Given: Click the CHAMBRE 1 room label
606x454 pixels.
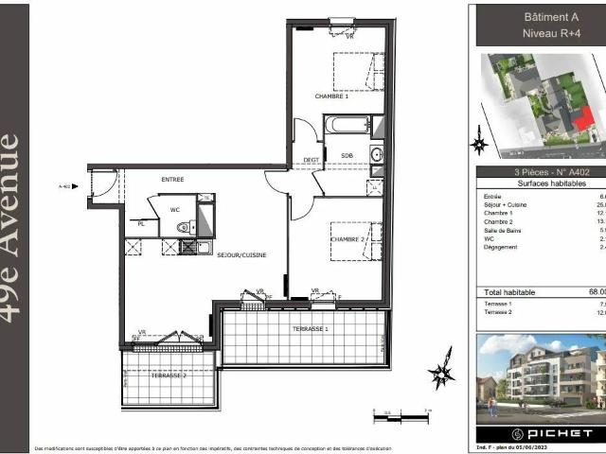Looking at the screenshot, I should click(332, 96).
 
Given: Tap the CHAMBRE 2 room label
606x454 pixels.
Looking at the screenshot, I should click(348, 239).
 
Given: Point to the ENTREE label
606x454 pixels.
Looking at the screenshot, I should click(172, 179).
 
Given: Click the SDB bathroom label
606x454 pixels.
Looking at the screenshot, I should click(346, 154).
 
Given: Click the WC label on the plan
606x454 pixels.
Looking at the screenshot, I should click(175, 209).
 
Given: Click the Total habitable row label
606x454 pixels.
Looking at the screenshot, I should click(512, 292).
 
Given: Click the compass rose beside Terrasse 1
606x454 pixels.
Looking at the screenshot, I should click(441, 375).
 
